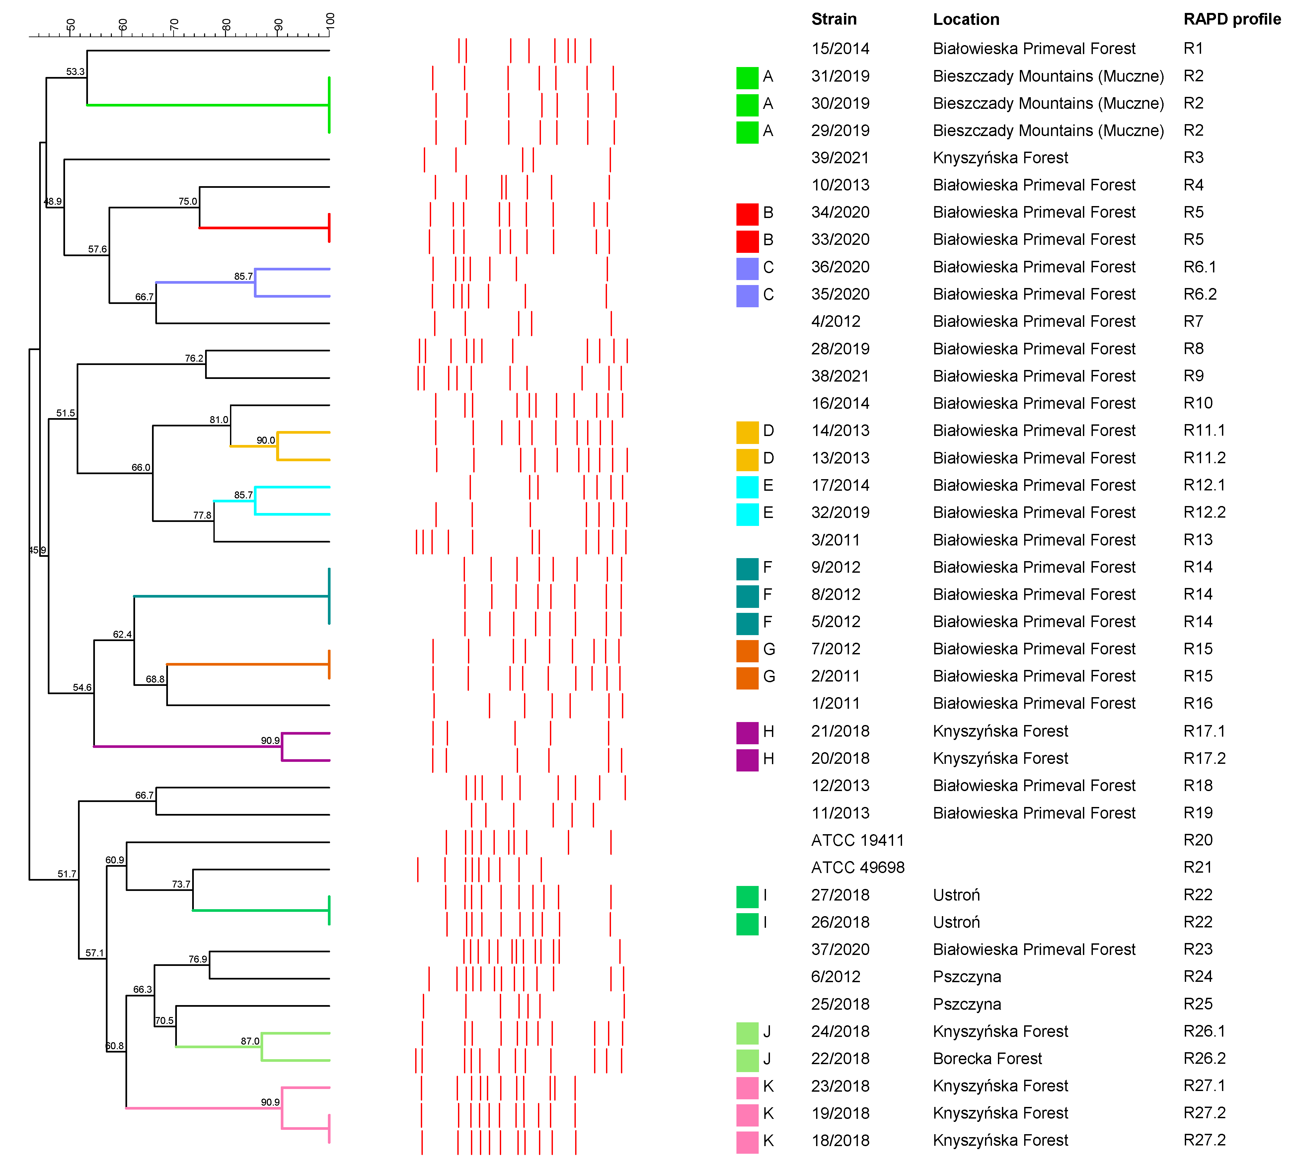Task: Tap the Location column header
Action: [x=966, y=19]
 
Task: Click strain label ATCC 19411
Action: [x=858, y=840]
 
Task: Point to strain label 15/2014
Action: [x=840, y=49]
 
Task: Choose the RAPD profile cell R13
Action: [x=1197, y=540]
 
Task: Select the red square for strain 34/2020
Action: [x=747, y=213]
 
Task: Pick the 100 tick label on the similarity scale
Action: [x=331, y=21]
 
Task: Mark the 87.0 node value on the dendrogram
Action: [x=250, y=1041]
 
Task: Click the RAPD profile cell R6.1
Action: [x=1199, y=267]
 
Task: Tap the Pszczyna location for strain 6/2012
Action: [x=966, y=976]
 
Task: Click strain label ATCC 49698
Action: [x=858, y=867]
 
